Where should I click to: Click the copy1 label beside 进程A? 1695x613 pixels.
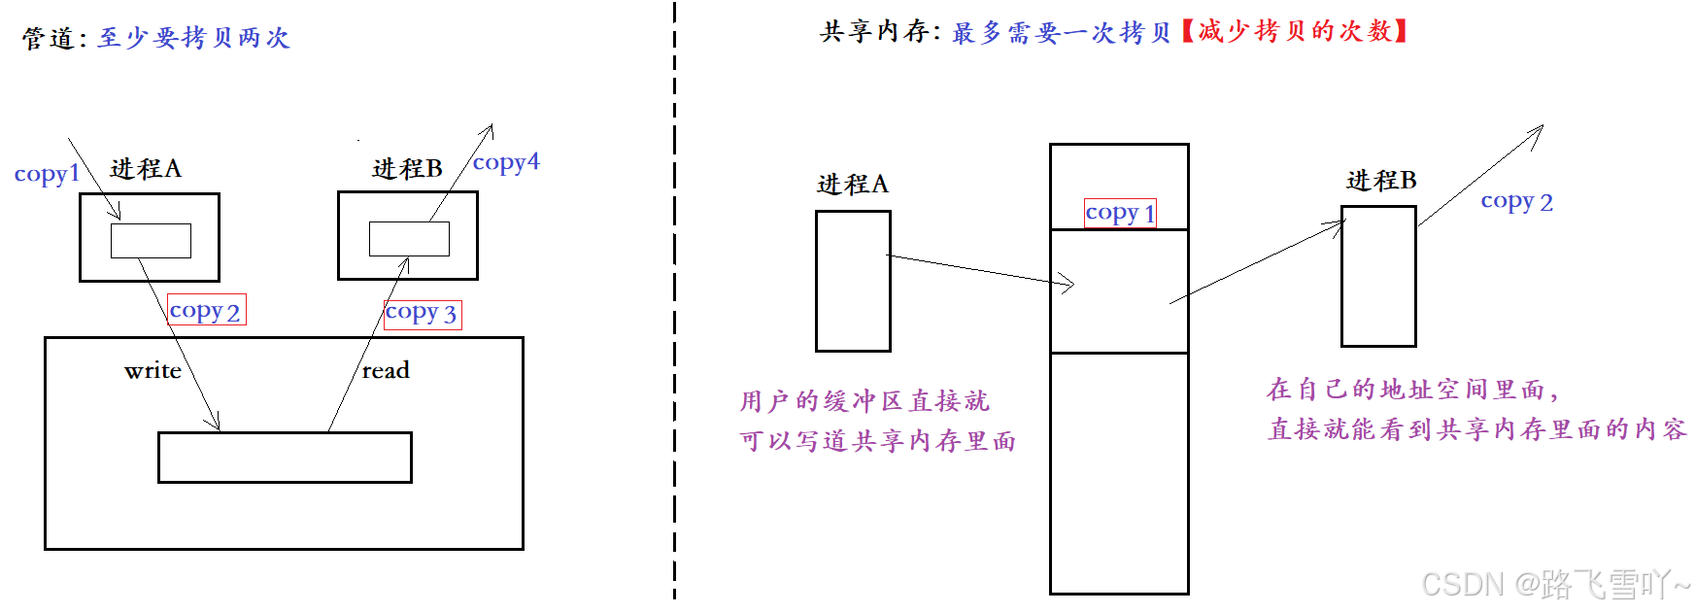coord(46,174)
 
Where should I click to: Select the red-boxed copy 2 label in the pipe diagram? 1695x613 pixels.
coord(206,310)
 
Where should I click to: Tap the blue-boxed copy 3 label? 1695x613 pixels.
coord(422,313)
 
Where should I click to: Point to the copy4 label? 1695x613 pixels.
coord(505,162)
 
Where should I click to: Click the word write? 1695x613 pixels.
coord(153,370)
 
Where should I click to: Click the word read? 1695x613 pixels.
coord(386,370)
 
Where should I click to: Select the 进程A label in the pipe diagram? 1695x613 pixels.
coord(146,169)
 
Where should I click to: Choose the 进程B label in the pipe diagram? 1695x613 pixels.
coord(407,169)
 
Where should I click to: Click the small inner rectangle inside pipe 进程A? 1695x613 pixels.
coord(151,241)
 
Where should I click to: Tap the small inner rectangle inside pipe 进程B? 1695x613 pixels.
coord(409,239)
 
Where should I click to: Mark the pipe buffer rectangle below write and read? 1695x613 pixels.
coord(285,458)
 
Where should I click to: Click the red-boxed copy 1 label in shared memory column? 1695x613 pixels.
coord(1120,213)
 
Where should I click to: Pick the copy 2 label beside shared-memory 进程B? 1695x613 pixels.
coord(1516,202)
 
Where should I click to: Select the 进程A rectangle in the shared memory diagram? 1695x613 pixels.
coord(853,282)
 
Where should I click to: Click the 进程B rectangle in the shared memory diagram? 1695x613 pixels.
coord(1378,277)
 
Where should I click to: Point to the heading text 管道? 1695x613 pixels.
coord(48,38)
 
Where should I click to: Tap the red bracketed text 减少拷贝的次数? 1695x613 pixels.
coord(1295,31)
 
